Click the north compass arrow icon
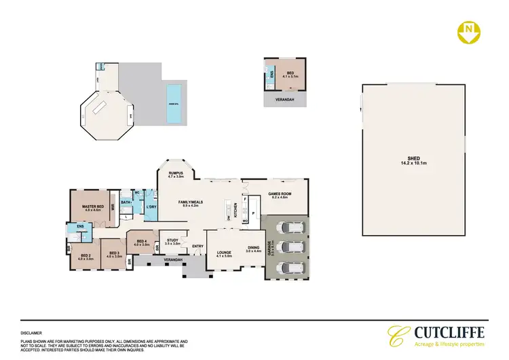468,31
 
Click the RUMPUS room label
177,174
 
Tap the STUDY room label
172,240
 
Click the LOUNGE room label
223,254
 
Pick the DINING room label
253,249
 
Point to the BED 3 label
114,253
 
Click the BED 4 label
142,242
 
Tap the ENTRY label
197,246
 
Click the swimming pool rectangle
174,104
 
